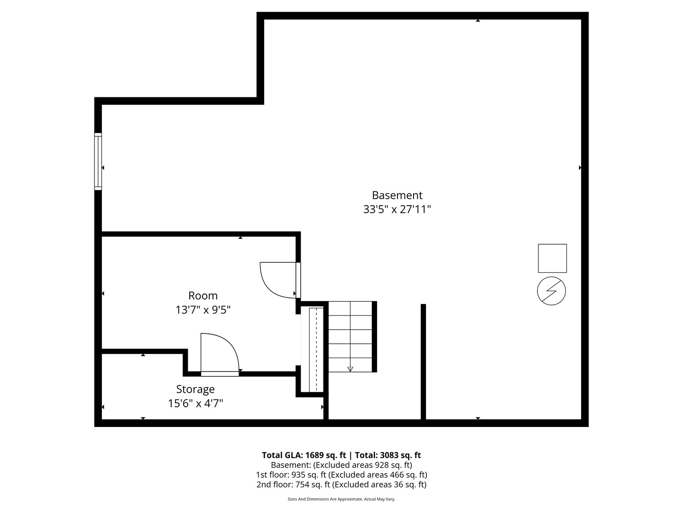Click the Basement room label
[x=397, y=195]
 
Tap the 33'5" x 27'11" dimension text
[x=397, y=209]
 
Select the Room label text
[x=203, y=295]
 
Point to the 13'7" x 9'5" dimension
[x=203, y=310]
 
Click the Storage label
[x=195, y=389]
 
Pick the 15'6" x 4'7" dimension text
[x=195, y=404]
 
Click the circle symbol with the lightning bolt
[x=551, y=291]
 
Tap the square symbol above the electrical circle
[x=552, y=258]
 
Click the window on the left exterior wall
[x=98, y=162]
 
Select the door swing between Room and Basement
[x=279, y=280]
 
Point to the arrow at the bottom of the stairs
[x=351, y=368]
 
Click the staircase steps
[x=351, y=335]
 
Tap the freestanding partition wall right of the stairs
[x=423, y=361]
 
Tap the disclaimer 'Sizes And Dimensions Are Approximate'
[x=341, y=499]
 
